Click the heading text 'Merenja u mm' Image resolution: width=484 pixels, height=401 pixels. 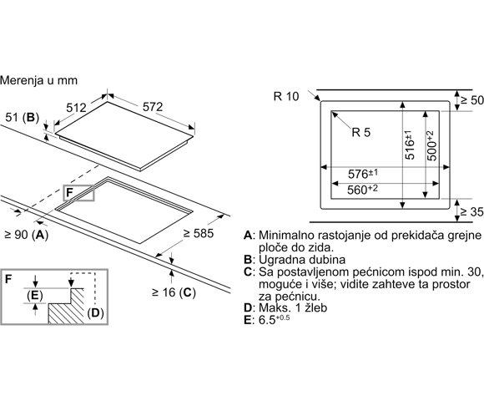tap(38, 80)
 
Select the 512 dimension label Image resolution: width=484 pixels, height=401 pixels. tap(76, 108)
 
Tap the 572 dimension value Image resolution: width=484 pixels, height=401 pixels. tap(153, 107)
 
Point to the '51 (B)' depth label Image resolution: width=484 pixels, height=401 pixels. tap(23, 118)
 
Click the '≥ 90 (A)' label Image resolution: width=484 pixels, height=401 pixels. tap(27, 235)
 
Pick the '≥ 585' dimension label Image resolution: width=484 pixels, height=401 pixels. tap(198, 233)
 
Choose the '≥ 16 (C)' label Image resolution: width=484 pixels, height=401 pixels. tap(174, 292)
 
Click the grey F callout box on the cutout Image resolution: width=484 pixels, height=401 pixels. tap(78, 193)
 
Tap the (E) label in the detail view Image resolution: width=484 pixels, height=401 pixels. tap(34, 296)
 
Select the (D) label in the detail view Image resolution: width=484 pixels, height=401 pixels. tap(95, 313)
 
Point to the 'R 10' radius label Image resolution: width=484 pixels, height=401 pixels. tap(286, 96)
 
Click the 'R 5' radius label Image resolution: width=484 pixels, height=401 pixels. tap(360, 132)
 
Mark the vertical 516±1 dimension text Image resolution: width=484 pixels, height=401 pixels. tap(408, 145)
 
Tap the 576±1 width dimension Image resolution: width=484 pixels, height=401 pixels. tap(363, 174)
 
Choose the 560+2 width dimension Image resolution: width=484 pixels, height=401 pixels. tap(362, 190)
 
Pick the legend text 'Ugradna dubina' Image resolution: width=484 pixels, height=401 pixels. tap(302, 260)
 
